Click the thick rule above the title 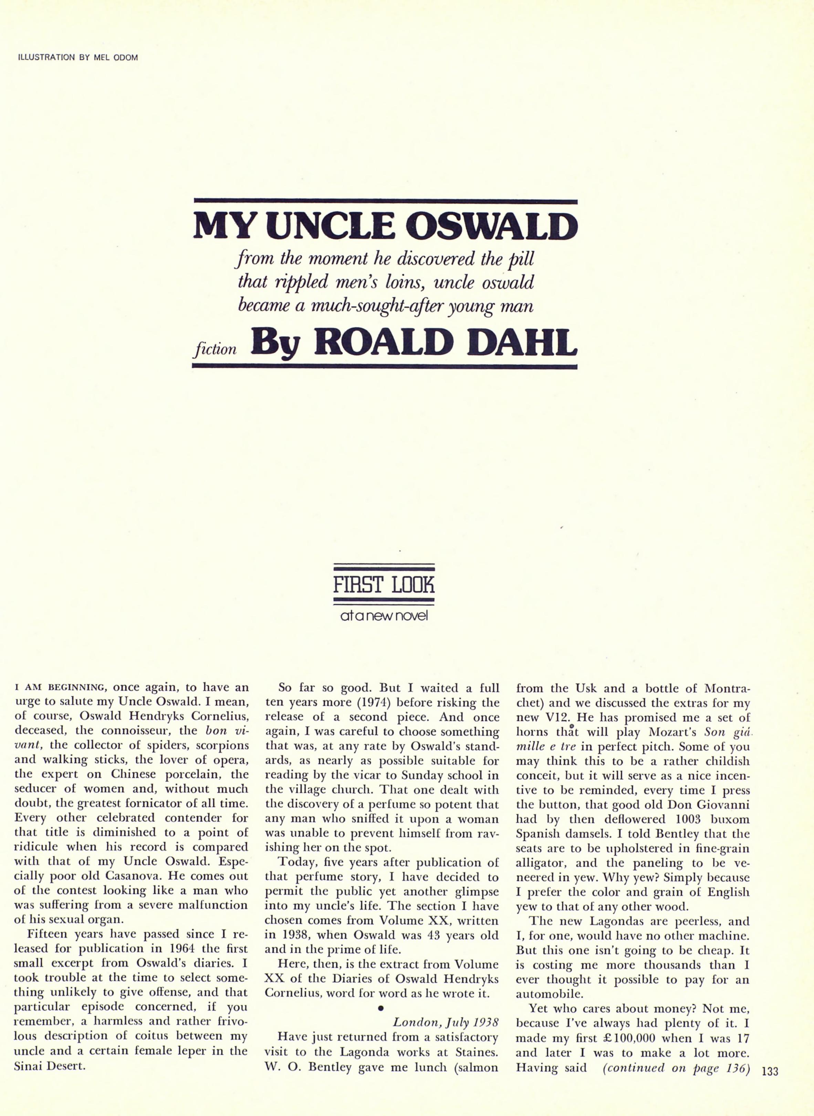(385, 202)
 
